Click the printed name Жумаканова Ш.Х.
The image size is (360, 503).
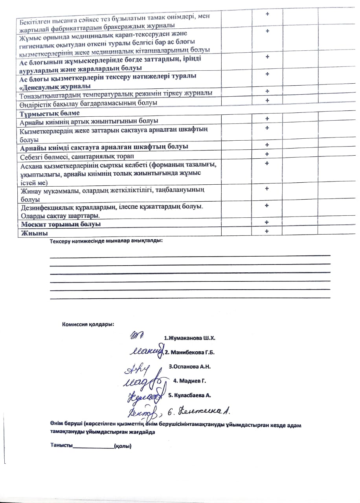click(x=190, y=338)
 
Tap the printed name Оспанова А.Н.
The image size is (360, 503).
click(x=190, y=367)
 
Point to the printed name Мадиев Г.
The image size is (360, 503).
click(x=190, y=381)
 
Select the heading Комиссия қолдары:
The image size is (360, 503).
click(x=88, y=325)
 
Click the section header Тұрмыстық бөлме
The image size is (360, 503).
click(x=47, y=113)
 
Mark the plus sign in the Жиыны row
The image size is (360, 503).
click(x=267, y=231)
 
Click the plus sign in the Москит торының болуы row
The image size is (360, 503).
click(x=267, y=222)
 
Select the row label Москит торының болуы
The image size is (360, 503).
click(x=61, y=224)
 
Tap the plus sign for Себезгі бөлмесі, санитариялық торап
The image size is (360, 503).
click(x=267, y=154)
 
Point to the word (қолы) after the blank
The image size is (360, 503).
click(x=122, y=446)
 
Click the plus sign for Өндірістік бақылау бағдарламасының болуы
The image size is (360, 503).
click(x=267, y=101)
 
